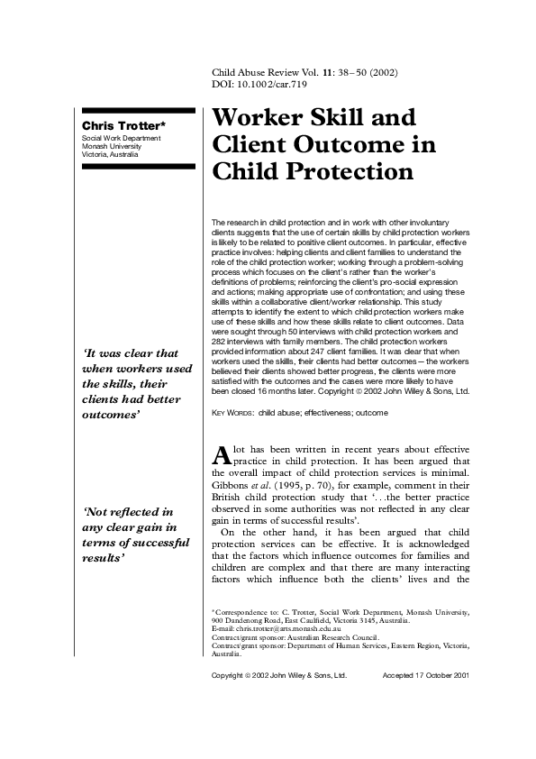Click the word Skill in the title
(x=359, y=118)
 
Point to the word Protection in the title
(x=342, y=171)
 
